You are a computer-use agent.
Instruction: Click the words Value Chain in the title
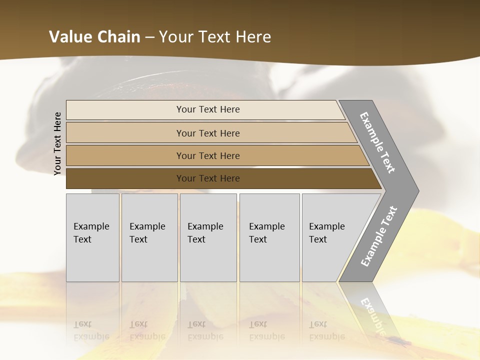(94, 37)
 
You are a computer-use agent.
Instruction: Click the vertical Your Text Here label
(57, 143)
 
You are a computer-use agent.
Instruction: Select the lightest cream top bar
(125, 110)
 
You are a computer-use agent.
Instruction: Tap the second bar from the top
(125, 133)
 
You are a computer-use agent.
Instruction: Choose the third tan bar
(125, 155)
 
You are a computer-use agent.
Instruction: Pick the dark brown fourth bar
(125, 178)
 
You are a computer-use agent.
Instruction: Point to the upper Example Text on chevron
(377, 142)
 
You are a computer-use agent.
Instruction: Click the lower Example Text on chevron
(379, 236)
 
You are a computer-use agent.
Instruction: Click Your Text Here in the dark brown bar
(208, 178)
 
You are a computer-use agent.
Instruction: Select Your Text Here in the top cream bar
(208, 109)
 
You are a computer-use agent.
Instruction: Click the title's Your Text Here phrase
(215, 37)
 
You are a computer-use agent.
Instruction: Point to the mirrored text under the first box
(91, 330)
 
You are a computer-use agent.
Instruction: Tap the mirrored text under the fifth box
(327, 330)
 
